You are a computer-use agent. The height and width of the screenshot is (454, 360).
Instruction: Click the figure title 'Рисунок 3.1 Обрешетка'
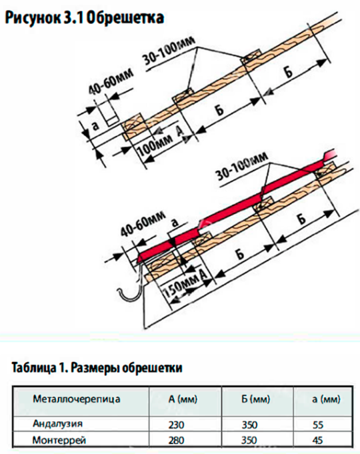(x=85, y=17)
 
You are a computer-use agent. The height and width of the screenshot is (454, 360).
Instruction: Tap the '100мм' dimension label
(x=155, y=145)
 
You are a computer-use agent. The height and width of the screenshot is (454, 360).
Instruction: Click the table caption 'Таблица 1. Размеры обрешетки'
(x=97, y=368)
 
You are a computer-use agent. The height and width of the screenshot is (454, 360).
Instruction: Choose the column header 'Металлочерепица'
(x=77, y=399)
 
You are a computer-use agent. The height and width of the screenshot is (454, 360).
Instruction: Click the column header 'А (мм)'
(x=183, y=399)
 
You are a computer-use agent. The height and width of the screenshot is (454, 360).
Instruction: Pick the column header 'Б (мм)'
(x=255, y=399)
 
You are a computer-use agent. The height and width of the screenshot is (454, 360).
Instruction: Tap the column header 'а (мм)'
(x=326, y=399)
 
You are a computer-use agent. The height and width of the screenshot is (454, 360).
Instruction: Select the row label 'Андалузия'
(x=57, y=424)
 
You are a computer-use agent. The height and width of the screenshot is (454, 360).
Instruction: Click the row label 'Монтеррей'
(x=59, y=441)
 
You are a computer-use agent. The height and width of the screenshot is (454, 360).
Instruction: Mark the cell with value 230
(x=176, y=425)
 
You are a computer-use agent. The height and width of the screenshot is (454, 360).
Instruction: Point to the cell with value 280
(x=176, y=441)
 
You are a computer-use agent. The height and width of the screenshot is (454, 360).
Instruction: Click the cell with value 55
(x=318, y=425)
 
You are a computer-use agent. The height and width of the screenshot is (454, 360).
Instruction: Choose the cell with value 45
(x=318, y=441)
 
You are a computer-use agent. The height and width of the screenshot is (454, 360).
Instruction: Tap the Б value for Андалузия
(x=249, y=425)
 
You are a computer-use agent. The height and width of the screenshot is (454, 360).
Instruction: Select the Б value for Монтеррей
(x=249, y=441)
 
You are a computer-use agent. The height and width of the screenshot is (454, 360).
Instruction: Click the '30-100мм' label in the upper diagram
(x=169, y=53)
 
